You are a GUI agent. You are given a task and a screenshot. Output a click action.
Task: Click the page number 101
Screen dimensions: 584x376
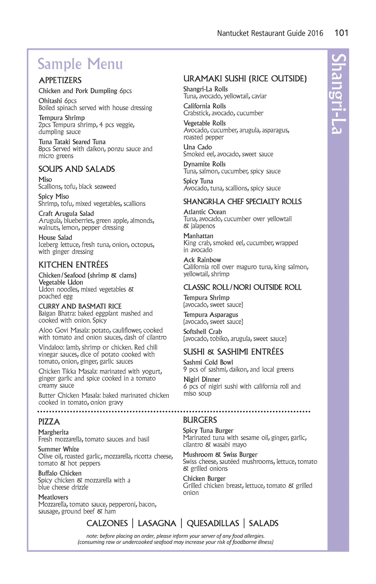coord(341,33)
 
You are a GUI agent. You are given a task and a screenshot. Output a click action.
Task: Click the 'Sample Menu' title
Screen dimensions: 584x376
coord(80,64)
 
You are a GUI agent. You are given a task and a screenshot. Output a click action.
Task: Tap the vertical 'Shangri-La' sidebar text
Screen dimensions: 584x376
coord(338,94)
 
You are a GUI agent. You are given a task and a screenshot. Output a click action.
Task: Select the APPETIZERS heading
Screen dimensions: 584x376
coord(60,80)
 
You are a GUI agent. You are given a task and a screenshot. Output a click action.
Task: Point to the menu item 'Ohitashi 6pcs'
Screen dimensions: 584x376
coord(58,101)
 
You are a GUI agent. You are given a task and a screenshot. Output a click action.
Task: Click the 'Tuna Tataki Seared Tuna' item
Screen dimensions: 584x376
coord(72,142)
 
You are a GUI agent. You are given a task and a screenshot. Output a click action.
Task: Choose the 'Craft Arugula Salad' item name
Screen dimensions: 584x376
coord(66,213)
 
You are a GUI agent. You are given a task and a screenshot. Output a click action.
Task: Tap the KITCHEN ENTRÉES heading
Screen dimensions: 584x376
coord(73,265)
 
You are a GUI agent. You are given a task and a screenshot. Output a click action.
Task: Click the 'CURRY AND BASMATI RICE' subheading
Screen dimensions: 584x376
coord(80,306)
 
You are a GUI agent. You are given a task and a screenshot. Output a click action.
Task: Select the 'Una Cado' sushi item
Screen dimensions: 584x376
coord(198,147)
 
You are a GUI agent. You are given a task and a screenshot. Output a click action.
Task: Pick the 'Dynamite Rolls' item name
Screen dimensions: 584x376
coord(205,164)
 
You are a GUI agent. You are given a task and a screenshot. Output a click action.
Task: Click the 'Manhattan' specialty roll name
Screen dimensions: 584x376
coord(198,236)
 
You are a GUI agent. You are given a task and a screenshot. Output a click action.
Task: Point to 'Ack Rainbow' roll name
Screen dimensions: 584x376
coord(202,260)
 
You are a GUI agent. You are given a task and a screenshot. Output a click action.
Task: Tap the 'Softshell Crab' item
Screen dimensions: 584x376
coord(203,331)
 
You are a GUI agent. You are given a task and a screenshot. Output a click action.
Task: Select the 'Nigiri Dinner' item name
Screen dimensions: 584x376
coord(202,379)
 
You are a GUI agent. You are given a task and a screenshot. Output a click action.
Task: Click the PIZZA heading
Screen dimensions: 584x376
coord(49,422)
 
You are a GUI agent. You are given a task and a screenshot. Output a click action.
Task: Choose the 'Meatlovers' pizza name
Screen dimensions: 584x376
coord(53,497)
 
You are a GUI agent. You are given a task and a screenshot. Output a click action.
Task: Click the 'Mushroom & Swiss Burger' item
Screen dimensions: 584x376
coord(220,454)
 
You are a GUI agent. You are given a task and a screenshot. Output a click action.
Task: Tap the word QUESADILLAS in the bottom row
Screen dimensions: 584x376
coord(213,523)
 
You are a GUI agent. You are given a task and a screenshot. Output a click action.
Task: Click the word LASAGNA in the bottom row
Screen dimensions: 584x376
coord(157,523)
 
